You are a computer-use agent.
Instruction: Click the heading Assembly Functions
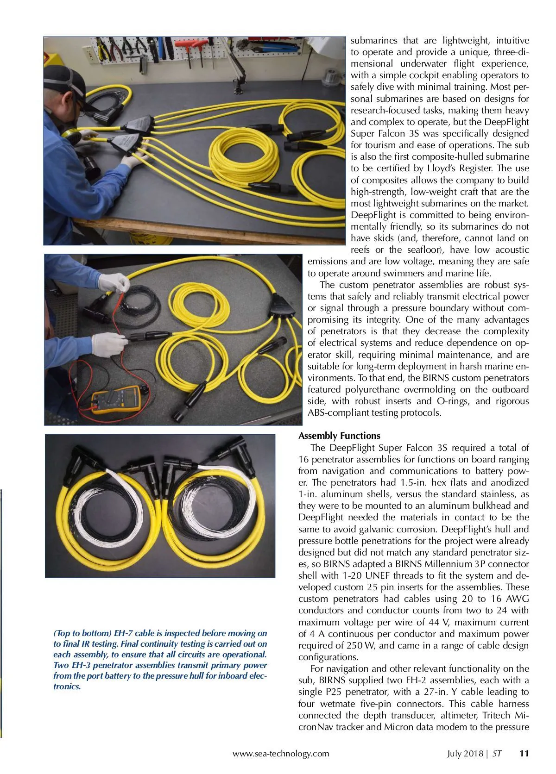click(339, 436)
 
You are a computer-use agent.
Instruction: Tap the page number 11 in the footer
click(524, 753)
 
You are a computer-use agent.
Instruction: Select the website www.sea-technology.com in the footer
click(281, 754)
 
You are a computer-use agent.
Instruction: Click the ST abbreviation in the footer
click(497, 753)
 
